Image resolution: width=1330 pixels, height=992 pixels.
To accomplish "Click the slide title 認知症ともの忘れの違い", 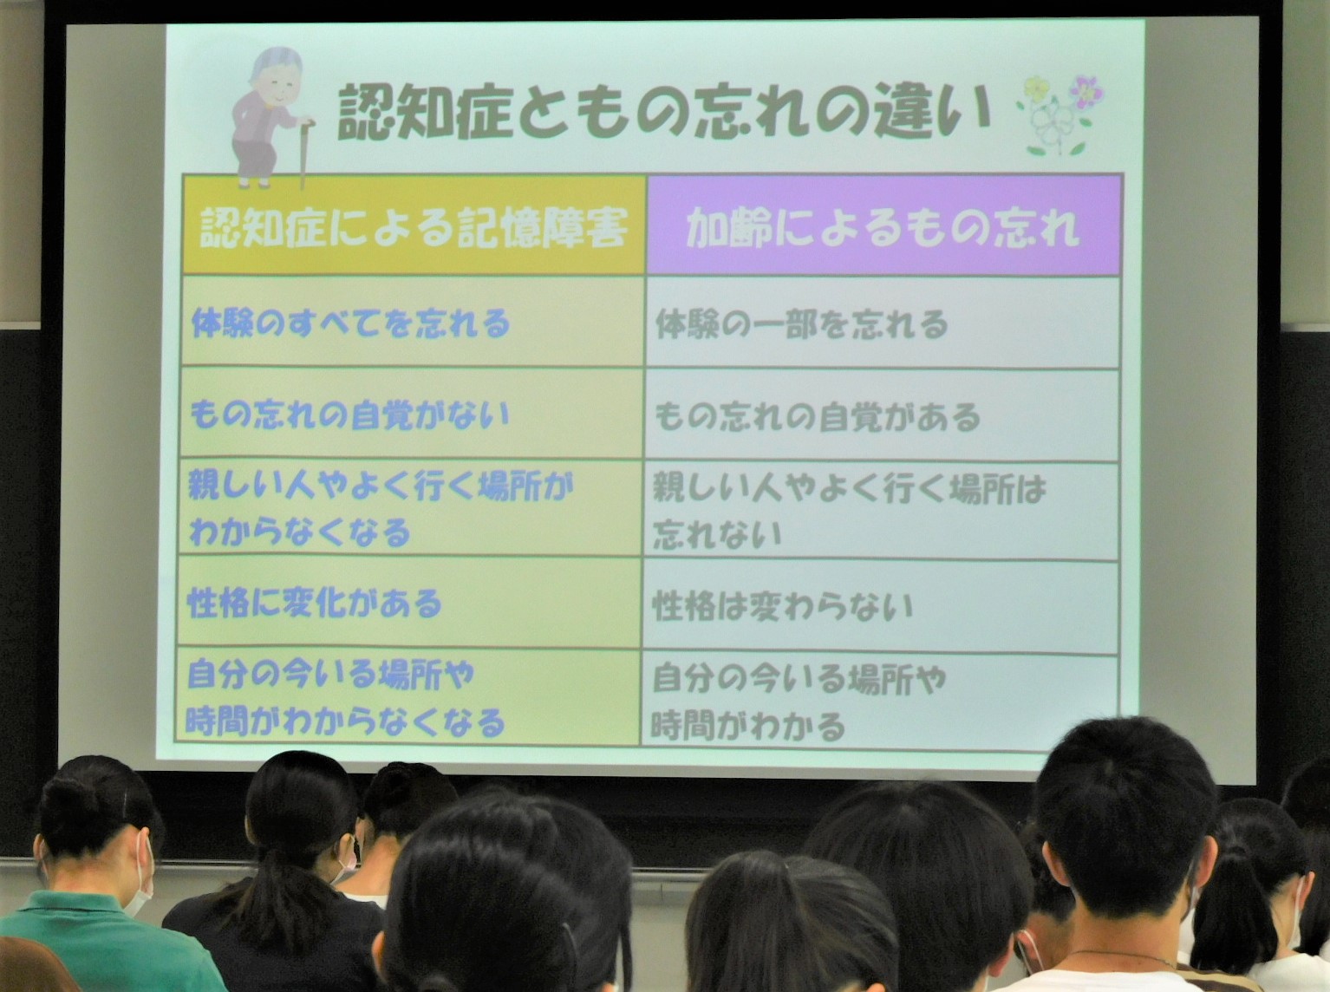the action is (663, 112).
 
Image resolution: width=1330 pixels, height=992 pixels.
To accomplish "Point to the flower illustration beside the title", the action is (1059, 115).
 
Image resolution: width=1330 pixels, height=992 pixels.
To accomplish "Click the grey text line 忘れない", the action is (717, 534).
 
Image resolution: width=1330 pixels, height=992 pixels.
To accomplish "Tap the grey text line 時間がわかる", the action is (747, 726).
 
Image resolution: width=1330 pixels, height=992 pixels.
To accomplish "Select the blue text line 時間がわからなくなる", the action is (345, 721).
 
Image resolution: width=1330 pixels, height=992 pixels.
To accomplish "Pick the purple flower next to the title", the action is (1086, 92).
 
